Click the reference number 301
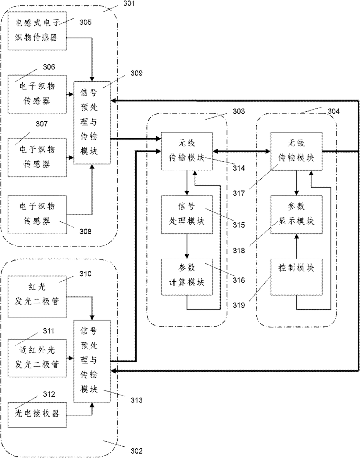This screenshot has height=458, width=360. point(129,3)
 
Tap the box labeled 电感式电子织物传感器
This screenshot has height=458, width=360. point(37,31)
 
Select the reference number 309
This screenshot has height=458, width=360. point(136,73)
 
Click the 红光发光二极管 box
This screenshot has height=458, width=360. point(37,297)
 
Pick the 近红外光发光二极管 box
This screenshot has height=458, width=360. point(37,358)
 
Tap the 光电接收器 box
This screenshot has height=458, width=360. point(37,415)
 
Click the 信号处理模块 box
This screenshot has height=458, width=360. point(187,214)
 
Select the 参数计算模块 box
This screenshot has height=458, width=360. point(187,277)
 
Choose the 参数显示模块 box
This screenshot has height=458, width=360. point(296,214)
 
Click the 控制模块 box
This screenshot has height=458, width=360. point(296,277)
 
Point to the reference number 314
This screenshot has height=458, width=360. point(239,168)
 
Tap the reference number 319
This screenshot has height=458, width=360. point(239,305)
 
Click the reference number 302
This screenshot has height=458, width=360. point(136,451)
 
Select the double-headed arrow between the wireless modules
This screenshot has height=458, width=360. point(242,151)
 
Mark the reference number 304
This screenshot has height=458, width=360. point(333,111)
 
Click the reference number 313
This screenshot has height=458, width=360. point(136,400)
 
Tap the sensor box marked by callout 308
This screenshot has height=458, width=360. point(37,214)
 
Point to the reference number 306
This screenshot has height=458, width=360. point(49,67)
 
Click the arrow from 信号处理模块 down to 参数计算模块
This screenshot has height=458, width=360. point(187,246)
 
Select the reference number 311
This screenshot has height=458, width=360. point(48,331)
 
